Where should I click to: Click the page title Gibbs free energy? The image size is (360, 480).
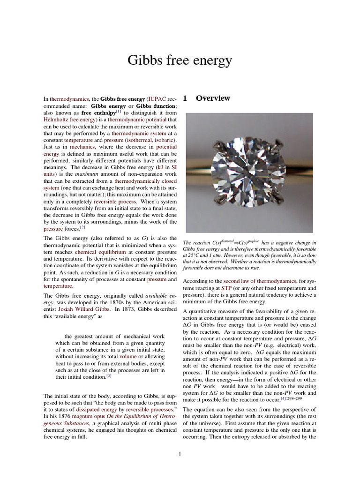point(180,61)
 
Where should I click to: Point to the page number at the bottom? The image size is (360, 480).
point(180,453)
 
